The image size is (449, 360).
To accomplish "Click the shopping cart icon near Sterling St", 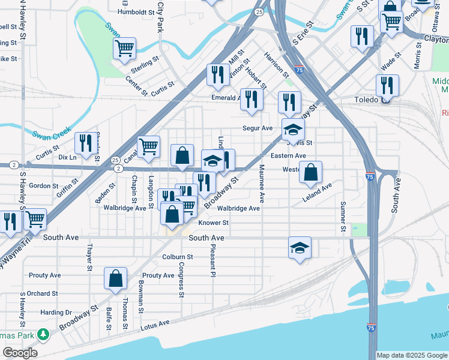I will (124, 48).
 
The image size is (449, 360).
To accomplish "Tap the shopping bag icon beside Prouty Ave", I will (116, 278).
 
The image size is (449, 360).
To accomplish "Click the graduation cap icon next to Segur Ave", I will (293, 129).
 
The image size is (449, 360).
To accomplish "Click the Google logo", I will (19, 353).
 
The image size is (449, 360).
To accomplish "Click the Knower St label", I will (214, 223).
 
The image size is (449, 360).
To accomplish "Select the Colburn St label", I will (177, 257).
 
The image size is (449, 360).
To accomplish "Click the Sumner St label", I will (343, 217).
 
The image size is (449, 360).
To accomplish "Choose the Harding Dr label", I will (56, 313).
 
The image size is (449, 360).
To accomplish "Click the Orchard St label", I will (42, 294).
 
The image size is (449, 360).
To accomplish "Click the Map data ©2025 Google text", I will (411, 355).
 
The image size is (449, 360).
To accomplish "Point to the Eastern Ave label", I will (288, 156).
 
